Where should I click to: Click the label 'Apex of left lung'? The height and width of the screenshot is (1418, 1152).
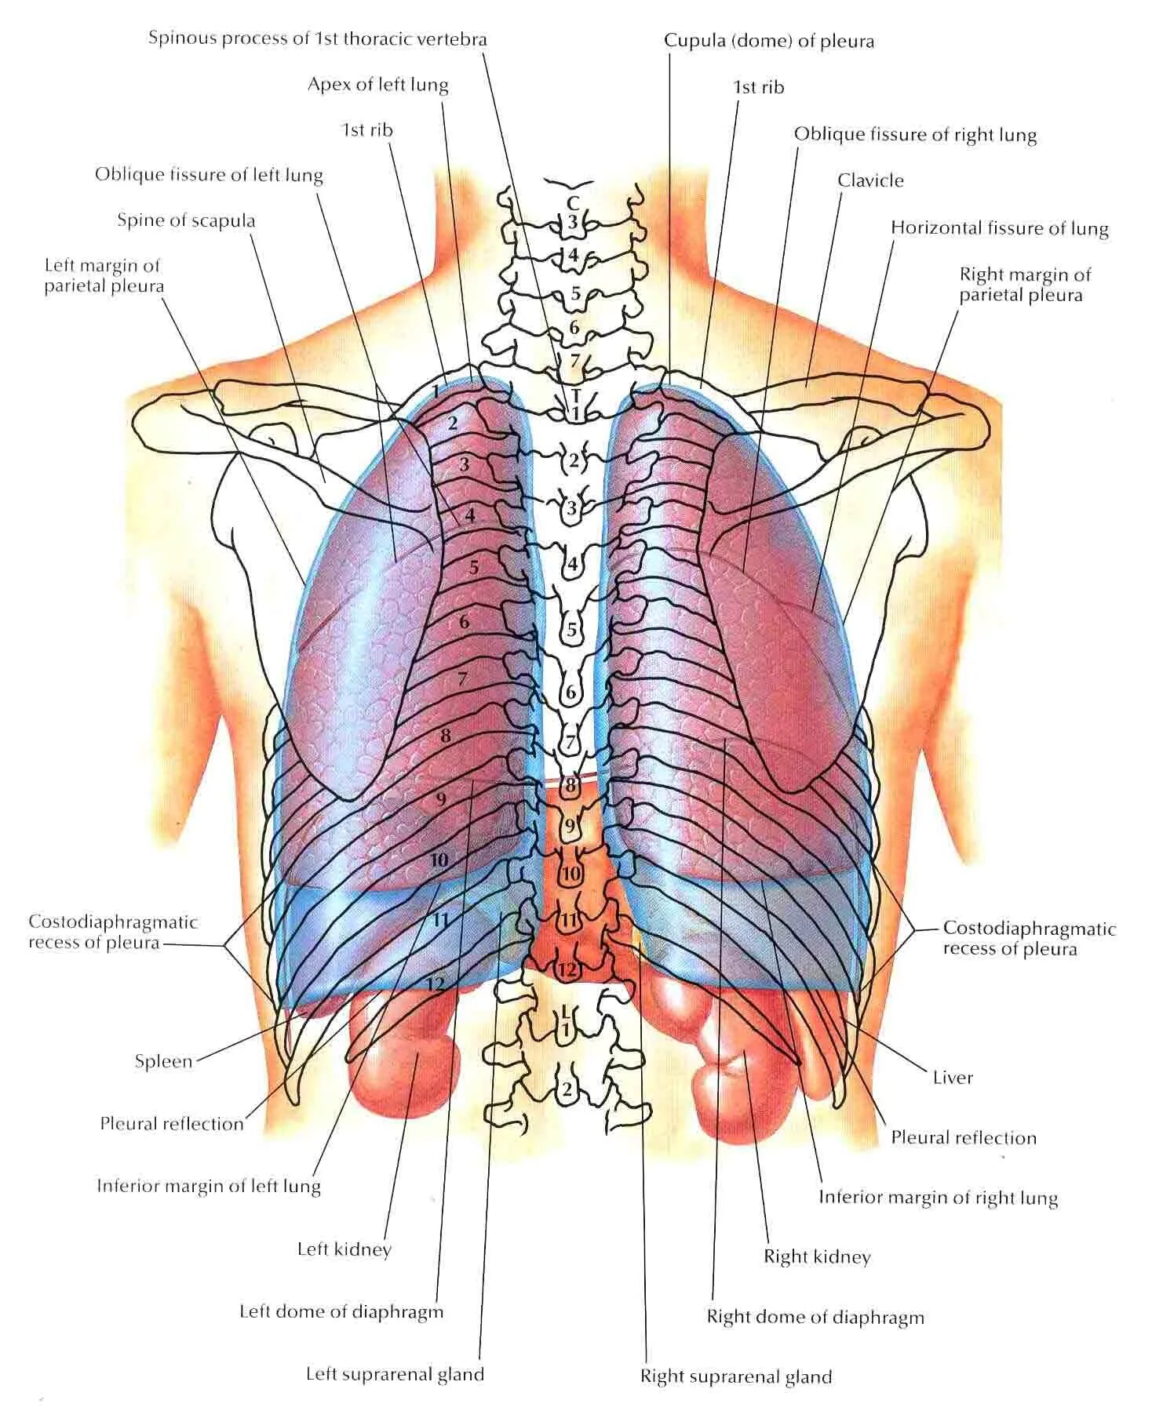[x=377, y=85]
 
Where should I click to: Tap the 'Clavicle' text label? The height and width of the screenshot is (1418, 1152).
[x=870, y=180]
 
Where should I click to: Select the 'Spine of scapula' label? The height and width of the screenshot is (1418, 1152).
[x=186, y=220]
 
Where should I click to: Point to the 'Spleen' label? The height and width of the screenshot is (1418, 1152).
[x=163, y=1061]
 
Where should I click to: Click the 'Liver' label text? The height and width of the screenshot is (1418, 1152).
[x=953, y=1077]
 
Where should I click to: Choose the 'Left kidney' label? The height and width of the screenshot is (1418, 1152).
[x=344, y=1249]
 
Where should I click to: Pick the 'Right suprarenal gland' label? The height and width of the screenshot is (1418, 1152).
[x=735, y=1376]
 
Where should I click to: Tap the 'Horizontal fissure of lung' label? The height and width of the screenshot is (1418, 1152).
[x=999, y=228]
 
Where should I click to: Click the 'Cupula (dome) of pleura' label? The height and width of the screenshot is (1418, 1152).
[x=769, y=41]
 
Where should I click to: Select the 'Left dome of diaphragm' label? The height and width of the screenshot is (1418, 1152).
[x=341, y=1311]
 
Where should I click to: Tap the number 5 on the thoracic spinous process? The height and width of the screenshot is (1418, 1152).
[x=572, y=630]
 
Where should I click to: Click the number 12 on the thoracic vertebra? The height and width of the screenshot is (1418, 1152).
[x=567, y=970]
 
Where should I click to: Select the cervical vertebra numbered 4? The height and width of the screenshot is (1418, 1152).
[x=574, y=255]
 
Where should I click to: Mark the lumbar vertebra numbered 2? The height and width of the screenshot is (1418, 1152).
[x=567, y=1089]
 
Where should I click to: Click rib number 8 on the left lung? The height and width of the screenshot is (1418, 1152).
[x=446, y=736]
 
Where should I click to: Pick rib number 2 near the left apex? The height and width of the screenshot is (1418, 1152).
[x=453, y=424]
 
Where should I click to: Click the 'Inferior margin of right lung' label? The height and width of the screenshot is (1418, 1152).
[x=938, y=1198]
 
